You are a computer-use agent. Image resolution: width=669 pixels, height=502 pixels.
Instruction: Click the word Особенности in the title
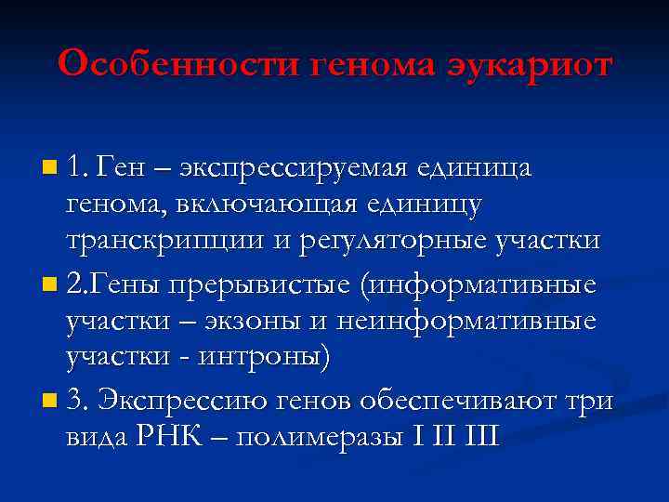pyautogui.click(x=177, y=65)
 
